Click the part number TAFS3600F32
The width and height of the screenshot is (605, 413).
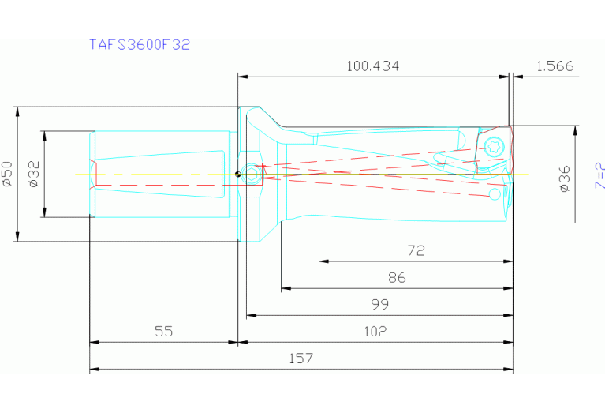point(139,44)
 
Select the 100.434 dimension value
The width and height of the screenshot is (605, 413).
point(372,67)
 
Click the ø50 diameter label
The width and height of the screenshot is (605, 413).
point(7,174)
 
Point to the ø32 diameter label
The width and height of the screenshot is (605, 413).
point(33,174)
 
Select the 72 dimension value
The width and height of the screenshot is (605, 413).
point(416,251)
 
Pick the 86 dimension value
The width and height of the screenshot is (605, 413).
point(397,278)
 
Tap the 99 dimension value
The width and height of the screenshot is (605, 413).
point(379,305)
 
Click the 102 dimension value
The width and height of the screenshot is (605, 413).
point(375,332)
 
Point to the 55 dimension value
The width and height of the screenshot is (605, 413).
point(163,332)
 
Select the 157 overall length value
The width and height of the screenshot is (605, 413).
point(301,359)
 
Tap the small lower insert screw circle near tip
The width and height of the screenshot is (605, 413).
point(495,193)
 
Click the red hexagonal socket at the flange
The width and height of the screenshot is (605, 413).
point(250,175)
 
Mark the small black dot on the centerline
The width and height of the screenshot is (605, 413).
point(237,175)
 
